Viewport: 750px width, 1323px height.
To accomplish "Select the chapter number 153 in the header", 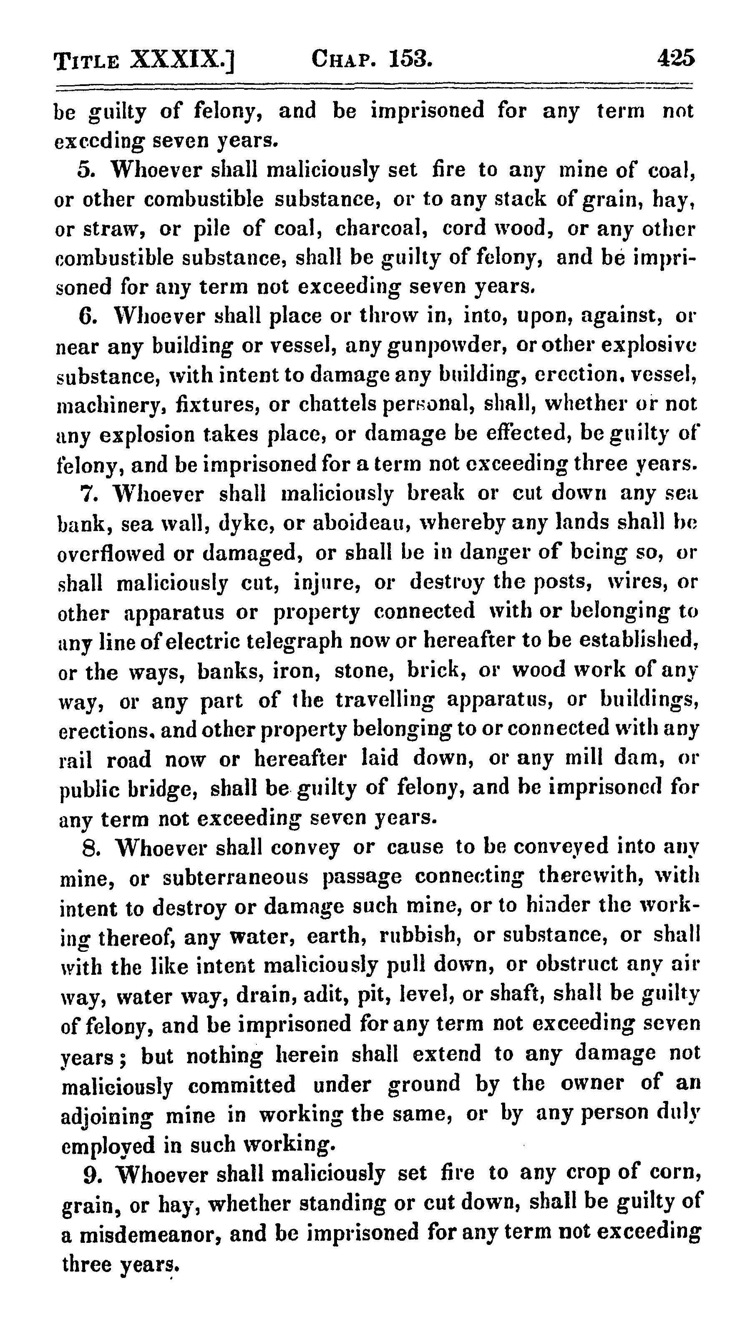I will click(x=410, y=59).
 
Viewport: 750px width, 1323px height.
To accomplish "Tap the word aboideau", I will click(x=357, y=523).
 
